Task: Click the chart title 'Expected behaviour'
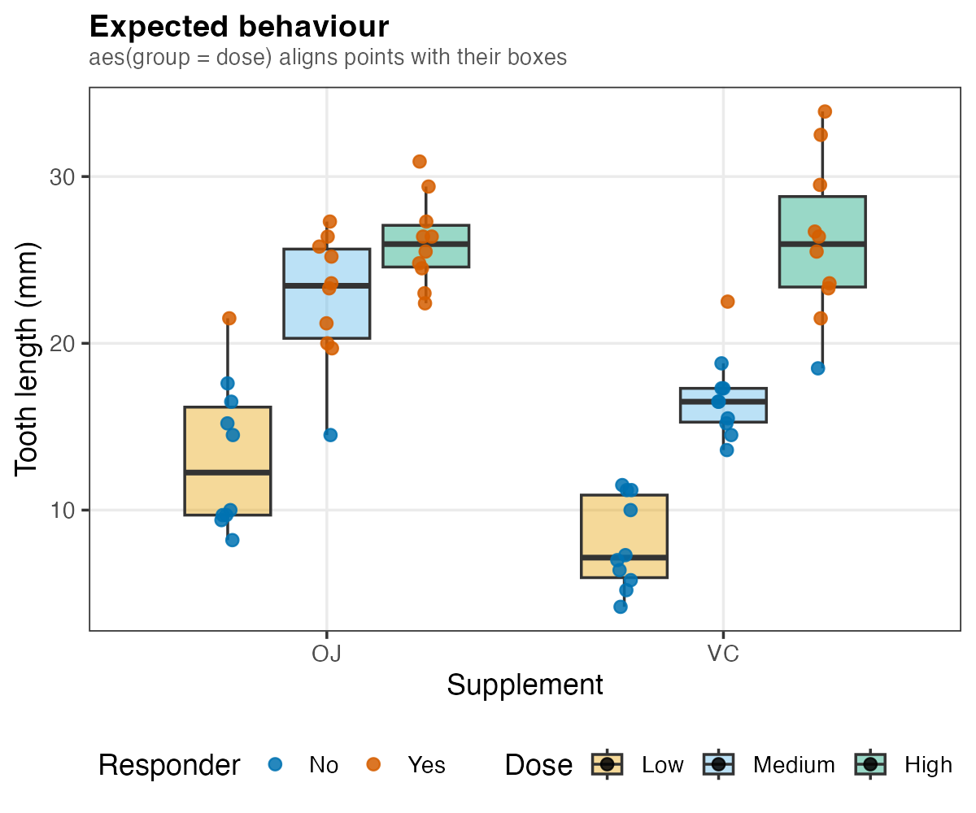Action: click(x=239, y=27)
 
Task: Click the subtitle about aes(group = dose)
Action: click(x=328, y=58)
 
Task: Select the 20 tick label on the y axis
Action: click(x=62, y=344)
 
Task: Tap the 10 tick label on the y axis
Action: click(x=62, y=511)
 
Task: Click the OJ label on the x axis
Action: click(x=326, y=654)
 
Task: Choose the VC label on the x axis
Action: click(x=723, y=654)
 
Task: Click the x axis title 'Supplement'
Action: click(x=525, y=685)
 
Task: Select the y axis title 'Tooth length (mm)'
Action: click(x=26, y=359)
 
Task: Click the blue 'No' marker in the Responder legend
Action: click(x=276, y=764)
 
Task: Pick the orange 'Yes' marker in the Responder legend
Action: click(x=373, y=764)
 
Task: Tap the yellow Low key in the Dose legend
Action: click(x=608, y=764)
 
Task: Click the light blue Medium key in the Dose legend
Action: click(x=718, y=764)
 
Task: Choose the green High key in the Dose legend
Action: click(x=870, y=764)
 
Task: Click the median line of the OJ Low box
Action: click(x=228, y=473)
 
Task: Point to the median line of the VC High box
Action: click(x=822, y=244)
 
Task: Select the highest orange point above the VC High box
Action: click(x=825, y=111)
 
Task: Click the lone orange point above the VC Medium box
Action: click(x=727, y=302)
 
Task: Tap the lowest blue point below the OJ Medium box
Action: click(x=330, y=435)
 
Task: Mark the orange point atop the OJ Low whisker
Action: click(x=229, y=319)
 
